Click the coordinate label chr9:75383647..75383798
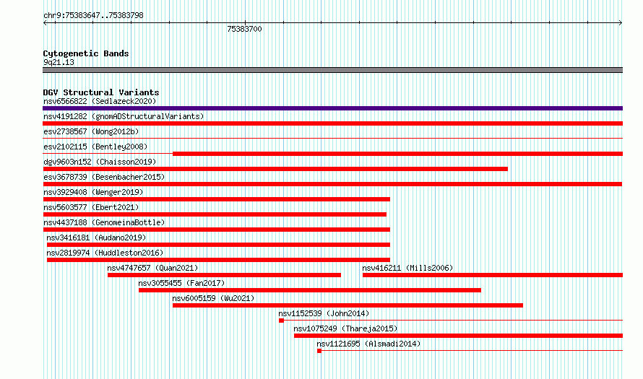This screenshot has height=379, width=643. tap(93, 16)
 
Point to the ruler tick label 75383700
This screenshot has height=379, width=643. tap(244, 29)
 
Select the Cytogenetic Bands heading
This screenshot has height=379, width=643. tap(86, 53)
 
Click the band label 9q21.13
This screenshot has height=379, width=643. tap(59, 62)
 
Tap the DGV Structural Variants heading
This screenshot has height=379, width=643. tap(101, 92)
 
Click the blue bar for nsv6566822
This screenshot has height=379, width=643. tap(332, 108)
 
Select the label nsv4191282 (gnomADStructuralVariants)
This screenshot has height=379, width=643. tap(124, 116)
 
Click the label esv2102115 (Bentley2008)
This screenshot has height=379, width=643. tap(95, 147)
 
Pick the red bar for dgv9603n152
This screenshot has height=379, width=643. tap(275, 169)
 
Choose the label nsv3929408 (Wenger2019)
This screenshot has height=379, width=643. tap(93, 192)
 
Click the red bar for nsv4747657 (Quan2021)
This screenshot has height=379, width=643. tap(224, 275)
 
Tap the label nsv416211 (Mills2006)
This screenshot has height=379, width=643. tap(407, 268)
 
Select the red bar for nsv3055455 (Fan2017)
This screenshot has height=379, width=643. tap(310, 290)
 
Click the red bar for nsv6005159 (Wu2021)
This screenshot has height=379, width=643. tap(348, 305)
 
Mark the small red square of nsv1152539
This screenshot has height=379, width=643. tap(281, 321)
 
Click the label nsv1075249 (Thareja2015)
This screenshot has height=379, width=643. tap(345, 328)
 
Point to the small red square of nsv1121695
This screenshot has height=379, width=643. tap(319, 351)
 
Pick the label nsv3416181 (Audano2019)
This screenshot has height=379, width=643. tap(96, 238)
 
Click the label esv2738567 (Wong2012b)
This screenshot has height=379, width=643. tap(91, 131)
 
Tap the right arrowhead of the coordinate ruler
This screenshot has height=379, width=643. tap(621, 22)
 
